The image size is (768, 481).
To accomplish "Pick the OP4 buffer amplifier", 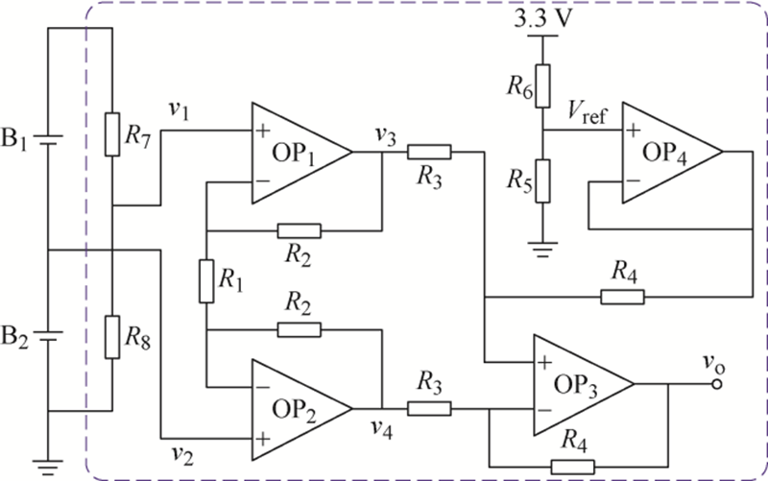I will (x=670, y=153).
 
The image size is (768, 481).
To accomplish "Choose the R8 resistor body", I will (x=112, y=337).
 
